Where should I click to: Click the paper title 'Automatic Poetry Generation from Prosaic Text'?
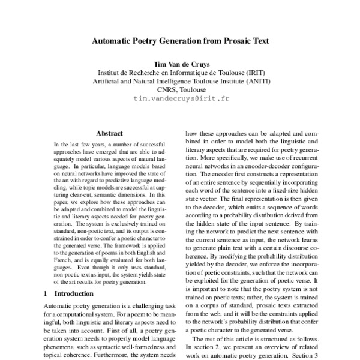pos(179,42)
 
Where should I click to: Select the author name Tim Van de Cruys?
pos(179,64)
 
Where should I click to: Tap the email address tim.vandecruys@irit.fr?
pos(179,97)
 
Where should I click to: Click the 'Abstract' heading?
pos(109,133)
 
